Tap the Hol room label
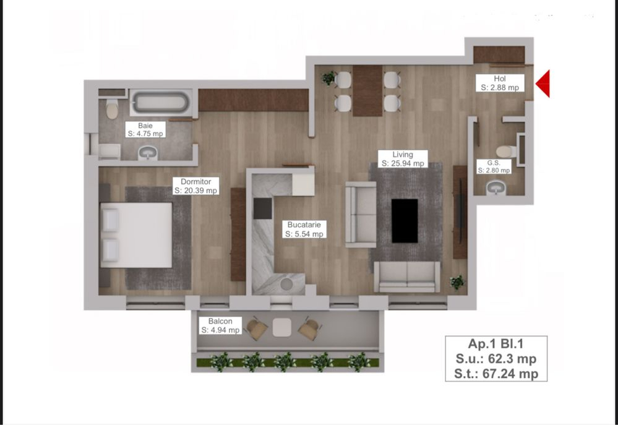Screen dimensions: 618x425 pos(500,83)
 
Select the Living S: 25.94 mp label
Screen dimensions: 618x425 pos(402,159)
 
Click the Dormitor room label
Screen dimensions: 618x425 pos(196,186)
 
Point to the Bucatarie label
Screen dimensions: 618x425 pos(304,229)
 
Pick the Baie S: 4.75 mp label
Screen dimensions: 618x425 pos(145,129)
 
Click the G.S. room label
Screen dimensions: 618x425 pos(494,166)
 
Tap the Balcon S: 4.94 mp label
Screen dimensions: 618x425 pos(220,325)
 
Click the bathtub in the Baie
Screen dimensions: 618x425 pos(160,102)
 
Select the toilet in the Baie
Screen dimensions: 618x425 pos(112,108)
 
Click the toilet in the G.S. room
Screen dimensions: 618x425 pos(507,151)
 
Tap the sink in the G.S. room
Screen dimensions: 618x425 pos(496,187)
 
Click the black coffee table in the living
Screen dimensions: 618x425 pos(405,221)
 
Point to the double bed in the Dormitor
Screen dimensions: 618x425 pos(136,235)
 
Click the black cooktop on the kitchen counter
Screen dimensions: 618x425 pos(262,208)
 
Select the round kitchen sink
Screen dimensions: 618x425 pos(286,284)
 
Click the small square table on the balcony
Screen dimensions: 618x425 pos(282,327)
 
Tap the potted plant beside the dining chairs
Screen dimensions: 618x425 pos(328,78)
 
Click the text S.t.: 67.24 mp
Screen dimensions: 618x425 pos(496,374)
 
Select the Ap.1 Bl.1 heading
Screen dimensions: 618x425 pos(496,344)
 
